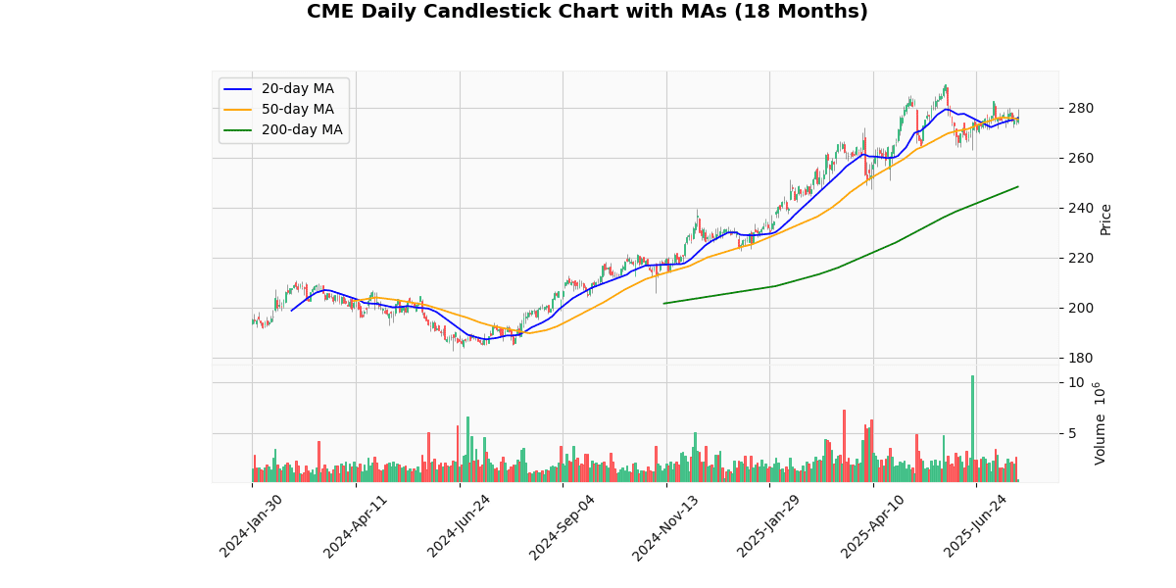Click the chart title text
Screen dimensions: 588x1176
point(587,12)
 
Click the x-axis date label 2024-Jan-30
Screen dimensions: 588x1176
point(251,525)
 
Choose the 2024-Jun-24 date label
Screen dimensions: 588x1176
point(459,525)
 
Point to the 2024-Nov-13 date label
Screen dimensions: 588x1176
point(665,525)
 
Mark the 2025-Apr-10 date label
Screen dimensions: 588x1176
point(872,525)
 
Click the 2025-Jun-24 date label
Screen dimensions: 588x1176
point(976,525)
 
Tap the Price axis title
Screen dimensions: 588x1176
point(1106,220)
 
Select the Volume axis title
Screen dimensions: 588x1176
point(1101,422)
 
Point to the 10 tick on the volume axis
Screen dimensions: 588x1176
point(1075,382)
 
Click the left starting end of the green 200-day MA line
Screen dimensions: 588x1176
point(664,303)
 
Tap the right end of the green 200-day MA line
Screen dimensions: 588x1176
point(1018,186)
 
